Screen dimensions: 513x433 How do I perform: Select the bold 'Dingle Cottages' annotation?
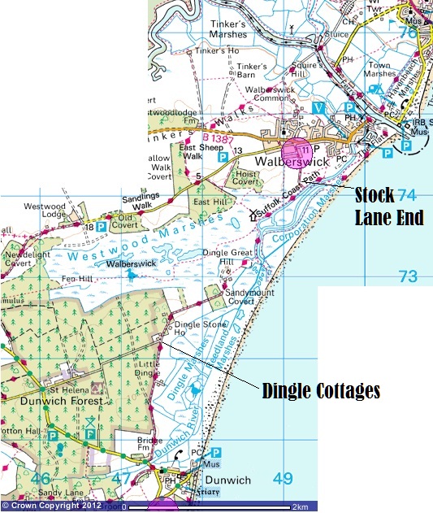click(321, 390)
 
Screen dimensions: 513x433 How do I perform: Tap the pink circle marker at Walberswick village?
click(295, 152)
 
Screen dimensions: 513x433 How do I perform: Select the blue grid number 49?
click(282, 479)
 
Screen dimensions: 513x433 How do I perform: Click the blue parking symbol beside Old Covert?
click(102, 227)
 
